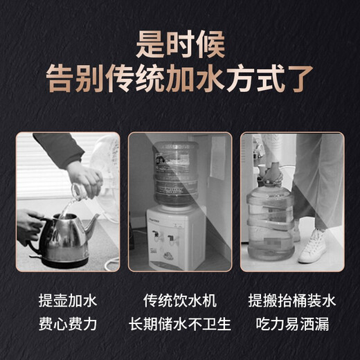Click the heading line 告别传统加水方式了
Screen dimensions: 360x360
coord(180,78)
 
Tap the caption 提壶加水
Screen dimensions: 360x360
coord(68,302)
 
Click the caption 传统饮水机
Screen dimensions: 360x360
coord(180,302)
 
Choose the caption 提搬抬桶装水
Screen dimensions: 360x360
coord(291,302)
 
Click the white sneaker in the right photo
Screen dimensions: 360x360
coord(314,246)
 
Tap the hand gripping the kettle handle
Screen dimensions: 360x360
coord(28,225)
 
